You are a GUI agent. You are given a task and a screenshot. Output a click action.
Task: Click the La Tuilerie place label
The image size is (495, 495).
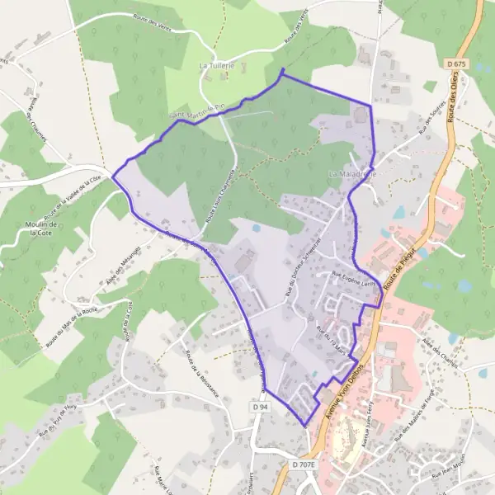coord(218,64)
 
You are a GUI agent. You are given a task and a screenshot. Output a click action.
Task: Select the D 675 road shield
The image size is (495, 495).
coord(460,64)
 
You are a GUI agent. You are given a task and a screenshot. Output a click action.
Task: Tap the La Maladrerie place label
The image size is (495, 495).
coord(352,175)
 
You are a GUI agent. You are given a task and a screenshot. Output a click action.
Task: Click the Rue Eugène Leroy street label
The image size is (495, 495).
coord(353,278)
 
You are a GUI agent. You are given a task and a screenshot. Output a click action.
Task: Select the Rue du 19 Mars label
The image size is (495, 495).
coord(332,338)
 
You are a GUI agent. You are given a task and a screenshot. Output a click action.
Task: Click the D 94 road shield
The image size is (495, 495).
coord(259,408)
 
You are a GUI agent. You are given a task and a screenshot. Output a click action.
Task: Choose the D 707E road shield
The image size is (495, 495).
coord(304,465)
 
